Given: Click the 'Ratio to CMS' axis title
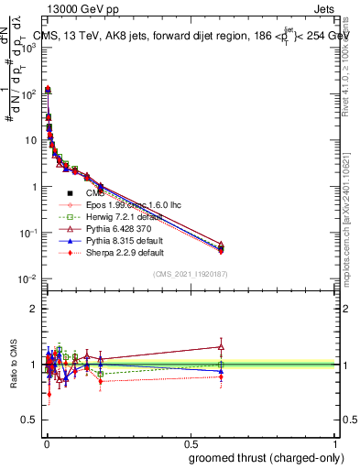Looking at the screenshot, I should (x=13, y=364).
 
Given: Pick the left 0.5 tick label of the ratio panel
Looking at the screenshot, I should (x=31, y=419).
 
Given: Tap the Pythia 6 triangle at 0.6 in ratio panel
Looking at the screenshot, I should (x=221, y=346).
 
